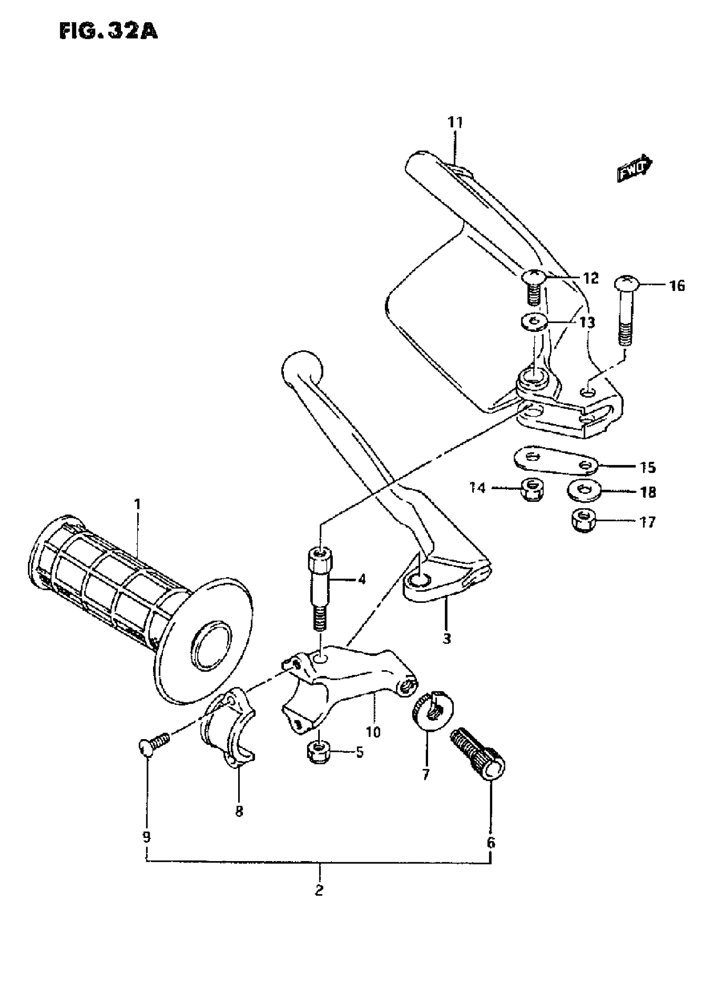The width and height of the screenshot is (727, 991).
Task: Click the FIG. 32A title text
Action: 108,32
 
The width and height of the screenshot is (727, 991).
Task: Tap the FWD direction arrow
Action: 634,168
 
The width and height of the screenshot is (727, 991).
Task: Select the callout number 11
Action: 455,122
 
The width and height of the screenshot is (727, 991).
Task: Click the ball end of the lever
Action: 301,369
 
